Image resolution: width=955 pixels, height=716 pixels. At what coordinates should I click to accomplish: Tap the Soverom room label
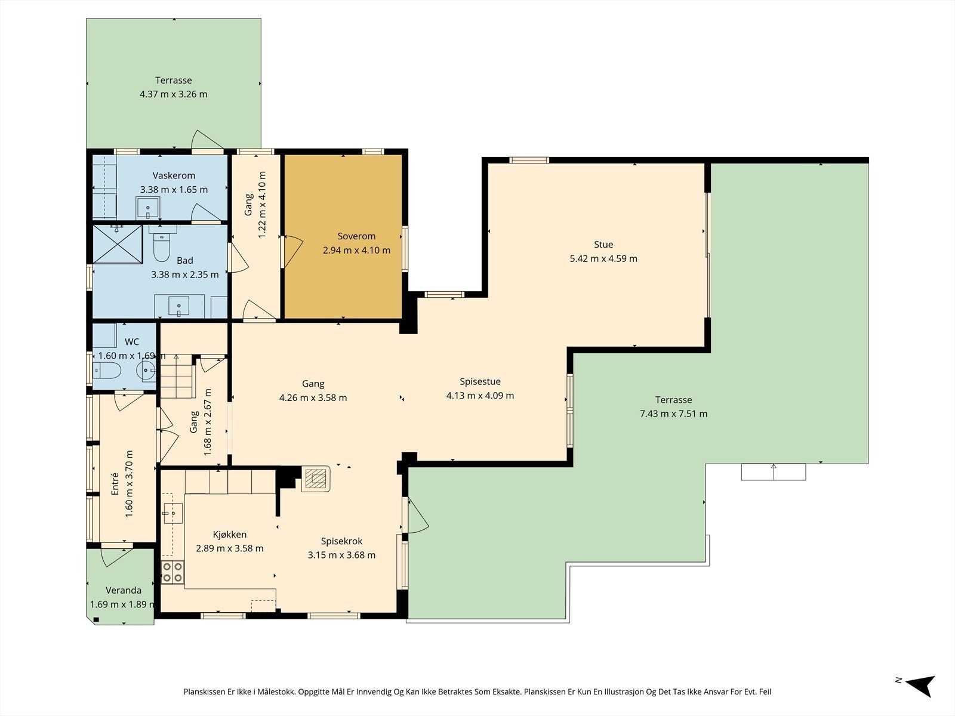click(356, 236)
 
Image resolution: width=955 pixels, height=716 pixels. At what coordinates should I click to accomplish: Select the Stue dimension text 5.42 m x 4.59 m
click(603, 259)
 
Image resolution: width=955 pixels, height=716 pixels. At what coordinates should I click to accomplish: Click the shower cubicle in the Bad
click(118, 244)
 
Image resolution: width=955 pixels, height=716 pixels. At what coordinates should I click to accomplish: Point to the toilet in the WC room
click(107, 371)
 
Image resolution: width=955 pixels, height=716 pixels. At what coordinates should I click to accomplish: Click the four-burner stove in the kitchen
click(172, 572)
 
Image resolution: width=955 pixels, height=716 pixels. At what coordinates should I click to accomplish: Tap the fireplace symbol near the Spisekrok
click(315, 479)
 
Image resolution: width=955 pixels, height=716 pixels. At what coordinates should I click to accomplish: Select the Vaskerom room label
click(174, 175)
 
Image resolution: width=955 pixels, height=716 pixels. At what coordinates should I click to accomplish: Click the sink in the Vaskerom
click(148, 208)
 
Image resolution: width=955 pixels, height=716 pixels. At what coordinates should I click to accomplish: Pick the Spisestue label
click(480, 381)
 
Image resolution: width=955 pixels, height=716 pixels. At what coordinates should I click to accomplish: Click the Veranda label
click(124, 590)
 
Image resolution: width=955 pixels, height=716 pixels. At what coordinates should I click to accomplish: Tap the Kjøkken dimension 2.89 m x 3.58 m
click(230, 548)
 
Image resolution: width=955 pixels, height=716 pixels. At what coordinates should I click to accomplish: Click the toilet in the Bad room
click(162, 243)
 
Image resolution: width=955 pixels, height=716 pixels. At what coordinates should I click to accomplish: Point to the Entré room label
click(115, 483)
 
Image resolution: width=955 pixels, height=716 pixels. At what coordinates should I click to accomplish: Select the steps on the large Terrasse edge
click(774, 472)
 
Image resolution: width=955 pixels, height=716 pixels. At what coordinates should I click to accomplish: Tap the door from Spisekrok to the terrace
click(417, 515)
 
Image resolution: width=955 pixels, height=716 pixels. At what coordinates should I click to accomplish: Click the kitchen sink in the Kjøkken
click(172, 513)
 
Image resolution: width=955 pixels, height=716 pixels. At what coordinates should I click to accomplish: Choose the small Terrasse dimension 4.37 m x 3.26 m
click(174, 94)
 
